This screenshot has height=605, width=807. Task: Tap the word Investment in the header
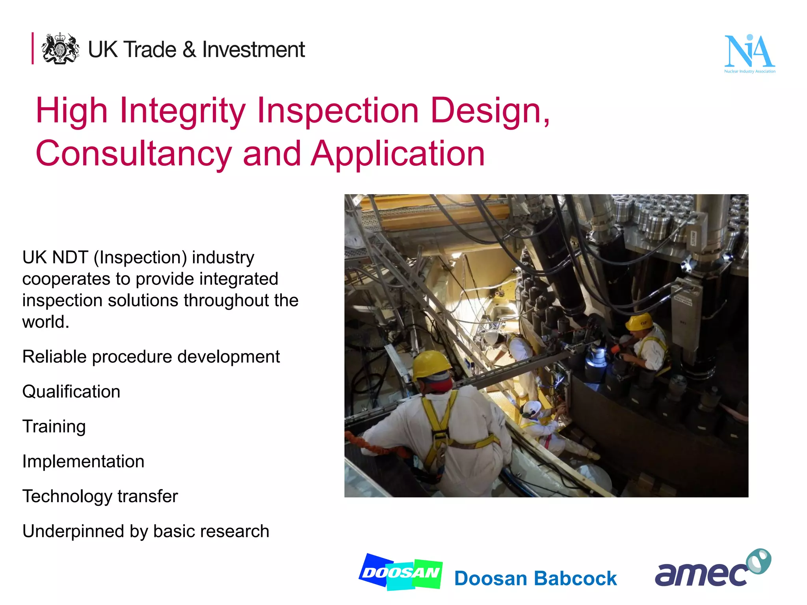pyautogui.click(x=253, y=50)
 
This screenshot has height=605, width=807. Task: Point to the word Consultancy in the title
pyautogui.click(x=134, y=154)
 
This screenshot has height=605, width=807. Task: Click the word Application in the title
pyautogui.click(x=398, y=154)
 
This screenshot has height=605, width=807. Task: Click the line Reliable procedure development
pyautogui.click(x=151, y=357)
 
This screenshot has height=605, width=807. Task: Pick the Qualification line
pyautogui.click(x=71, y=392)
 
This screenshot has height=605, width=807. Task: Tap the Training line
pyautogui.click(x=54, y=427)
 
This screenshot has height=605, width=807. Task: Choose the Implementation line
pyautogui.click(x=83, y=462)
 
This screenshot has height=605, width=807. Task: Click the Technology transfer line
pyautogui.click(x=100, y=496)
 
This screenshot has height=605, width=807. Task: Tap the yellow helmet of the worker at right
pyautogui.click(x=639, y=321)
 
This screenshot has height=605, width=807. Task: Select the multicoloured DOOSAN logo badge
pyautogui.click(x=401, y=572)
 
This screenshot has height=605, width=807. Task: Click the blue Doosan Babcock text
pyautogui.click(x=535, y=579)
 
